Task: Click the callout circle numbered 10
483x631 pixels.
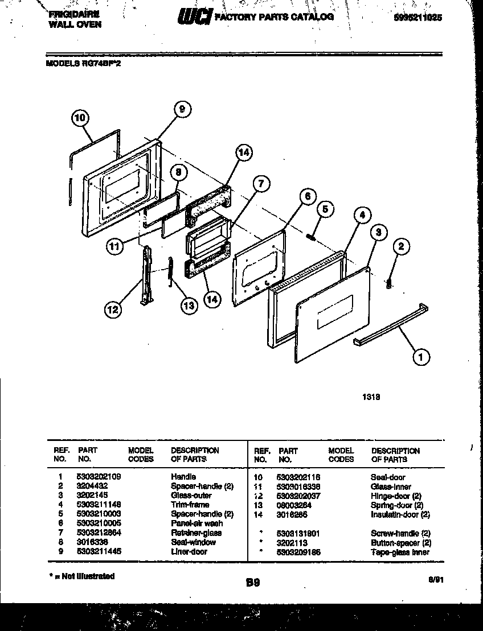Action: click(x=81, y=118)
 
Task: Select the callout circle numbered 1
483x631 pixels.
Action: click(x=420, y=357)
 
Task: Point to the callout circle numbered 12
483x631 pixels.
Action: click(x=113, y=309)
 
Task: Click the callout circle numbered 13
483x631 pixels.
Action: click(x=188, y=305)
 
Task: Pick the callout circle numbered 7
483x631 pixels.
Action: click(x=261, y=184)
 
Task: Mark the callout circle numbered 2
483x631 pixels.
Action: click(x=401, y=246)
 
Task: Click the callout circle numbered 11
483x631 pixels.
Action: click(x=116, y=246)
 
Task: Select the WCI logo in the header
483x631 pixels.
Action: click(x=195, y=18)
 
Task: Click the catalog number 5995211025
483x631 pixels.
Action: click(x=417, y=18)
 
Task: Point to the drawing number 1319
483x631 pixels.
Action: click(x=371, y=399)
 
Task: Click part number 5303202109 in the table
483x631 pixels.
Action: click(x=98, y=477)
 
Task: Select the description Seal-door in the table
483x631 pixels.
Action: click(x=388, y=477)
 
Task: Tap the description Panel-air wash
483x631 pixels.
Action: click(x=197, y=523)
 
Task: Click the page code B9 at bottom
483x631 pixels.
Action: click(x=253, y=582)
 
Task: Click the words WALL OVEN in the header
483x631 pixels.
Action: click(x=67, y=24)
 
